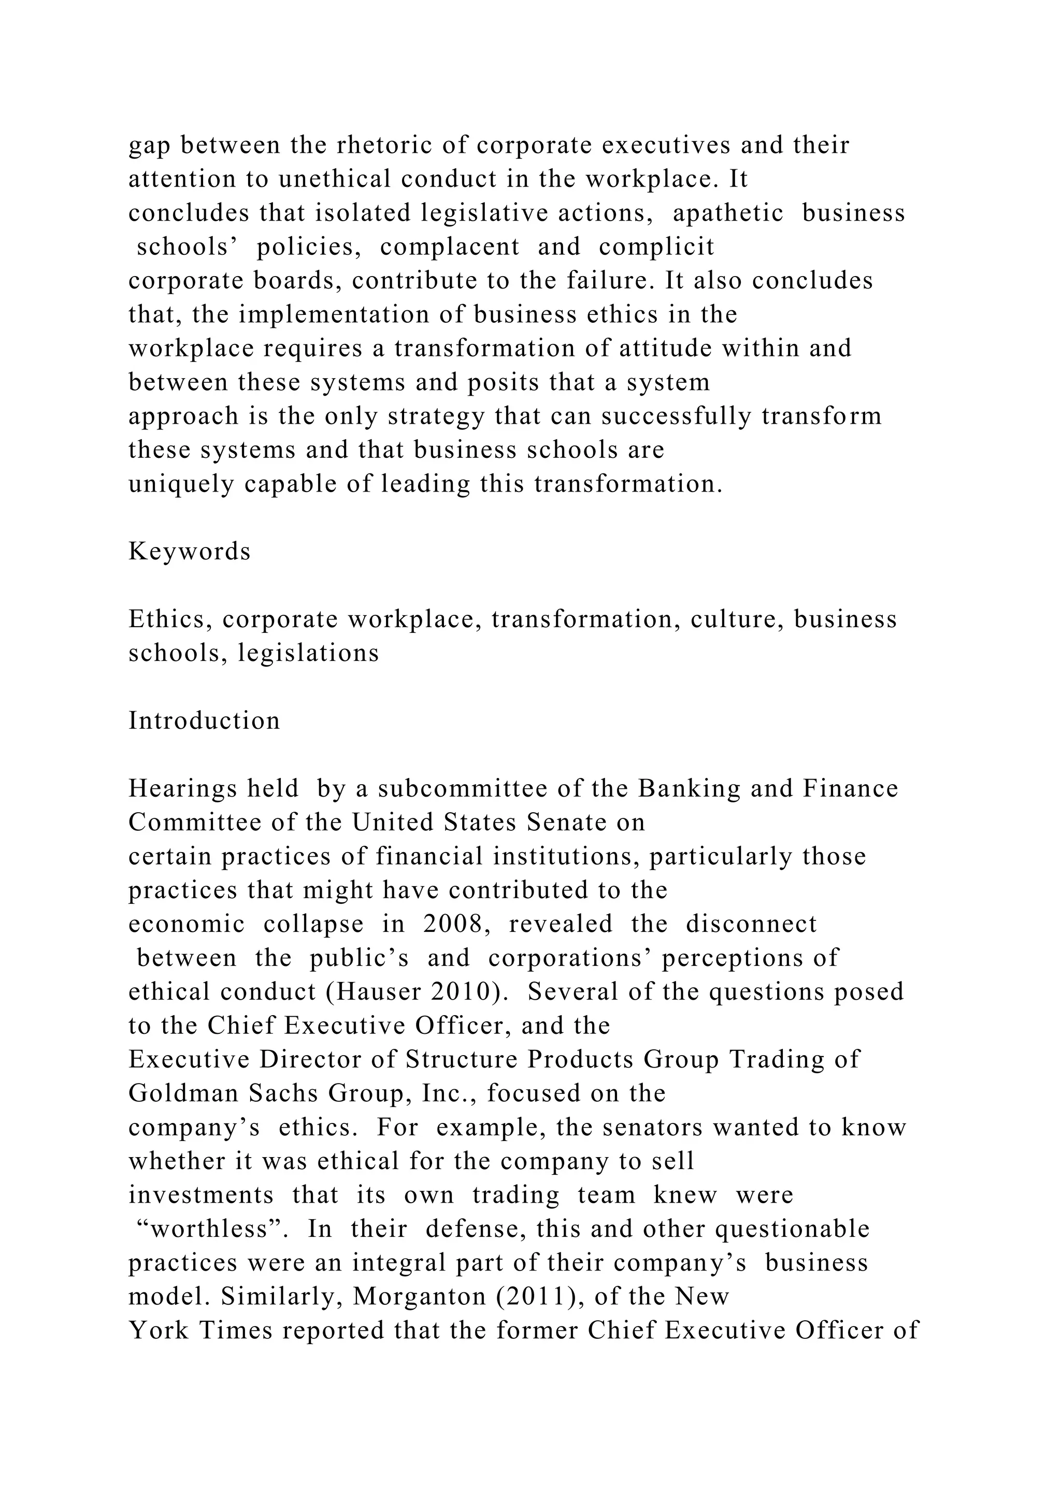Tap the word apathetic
tap(728, 213)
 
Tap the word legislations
tap(308, 653)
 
